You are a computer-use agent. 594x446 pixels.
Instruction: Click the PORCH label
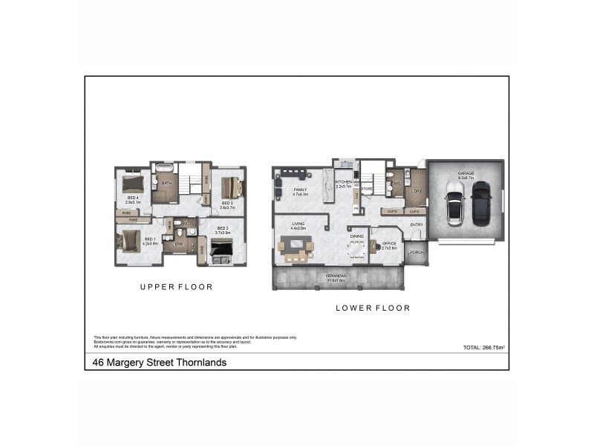[x=417, y=252]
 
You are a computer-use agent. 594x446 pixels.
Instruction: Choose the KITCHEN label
[x=342, y=182]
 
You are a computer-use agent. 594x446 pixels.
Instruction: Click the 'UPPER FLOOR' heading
[x=177, y=286]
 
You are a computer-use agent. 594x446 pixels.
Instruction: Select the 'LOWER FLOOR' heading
[x=373, y=308]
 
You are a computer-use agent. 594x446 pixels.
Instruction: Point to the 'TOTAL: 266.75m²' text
[x=483, y=347]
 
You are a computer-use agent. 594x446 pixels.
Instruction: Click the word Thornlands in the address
[x=201, y=363]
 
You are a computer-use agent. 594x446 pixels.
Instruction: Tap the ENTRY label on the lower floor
[x=417, y=224]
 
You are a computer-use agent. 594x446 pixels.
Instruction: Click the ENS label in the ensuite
[x=179, y=243]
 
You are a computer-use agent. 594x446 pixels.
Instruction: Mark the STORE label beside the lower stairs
[x=366, y=189]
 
